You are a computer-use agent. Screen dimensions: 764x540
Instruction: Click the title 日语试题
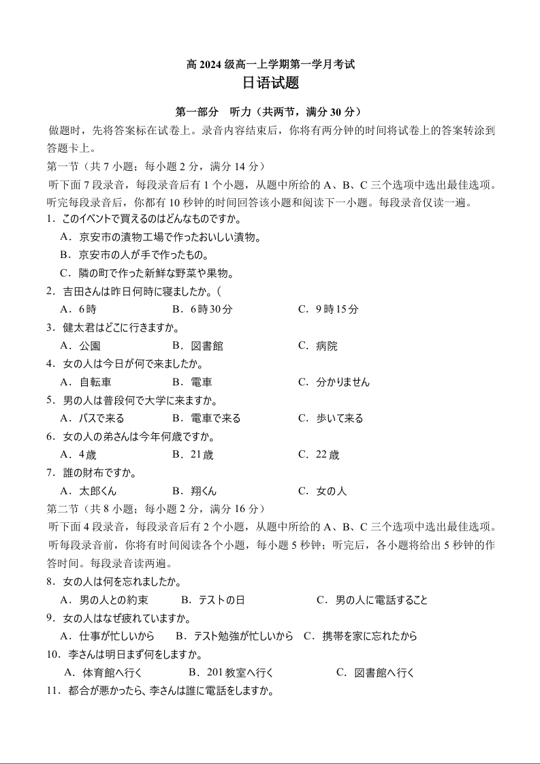coord(270,84)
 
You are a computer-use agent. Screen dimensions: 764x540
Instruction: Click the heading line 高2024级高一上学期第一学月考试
coord(270,65)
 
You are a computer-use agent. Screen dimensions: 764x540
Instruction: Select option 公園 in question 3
coord(89,346)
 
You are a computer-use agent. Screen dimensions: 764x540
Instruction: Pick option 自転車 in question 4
coord(95,382)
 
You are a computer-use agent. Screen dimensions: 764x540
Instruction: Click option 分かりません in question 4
coord(343,382)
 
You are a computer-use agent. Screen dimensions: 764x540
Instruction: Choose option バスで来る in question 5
coord(101,418)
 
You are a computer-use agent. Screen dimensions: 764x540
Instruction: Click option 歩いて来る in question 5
coord(339,418)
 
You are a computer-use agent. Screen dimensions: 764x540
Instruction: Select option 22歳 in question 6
coord(328,455)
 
